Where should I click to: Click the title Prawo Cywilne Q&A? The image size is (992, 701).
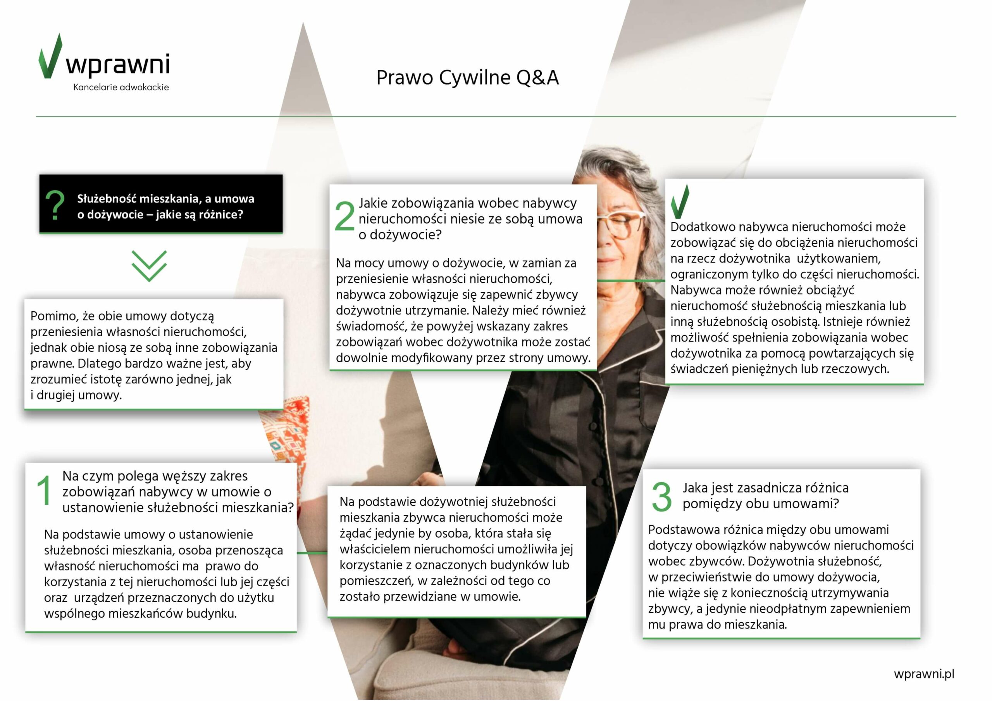click(467, 78)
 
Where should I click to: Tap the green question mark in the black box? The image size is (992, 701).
click(55, 206)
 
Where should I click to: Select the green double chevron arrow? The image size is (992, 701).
click(149, 266)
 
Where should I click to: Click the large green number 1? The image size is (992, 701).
click(44, 490)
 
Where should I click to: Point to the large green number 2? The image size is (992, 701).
click(344, 216)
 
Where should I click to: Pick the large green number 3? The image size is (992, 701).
click(661, 497)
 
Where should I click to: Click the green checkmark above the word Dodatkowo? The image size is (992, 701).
click(680, 202)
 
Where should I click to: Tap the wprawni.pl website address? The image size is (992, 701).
click(924, 674)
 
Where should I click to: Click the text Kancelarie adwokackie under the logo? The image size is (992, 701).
click(121, 87)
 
